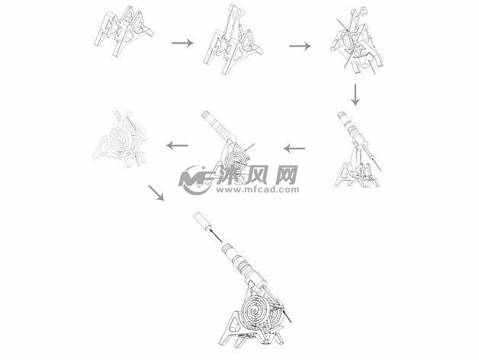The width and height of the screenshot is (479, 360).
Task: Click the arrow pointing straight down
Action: click(355, 95)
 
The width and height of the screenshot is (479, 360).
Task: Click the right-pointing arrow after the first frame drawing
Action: click(182, 43)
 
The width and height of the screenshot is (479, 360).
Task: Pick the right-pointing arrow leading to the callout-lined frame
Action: click(300, 46)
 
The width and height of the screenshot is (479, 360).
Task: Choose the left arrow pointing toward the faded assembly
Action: click(178, 144)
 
